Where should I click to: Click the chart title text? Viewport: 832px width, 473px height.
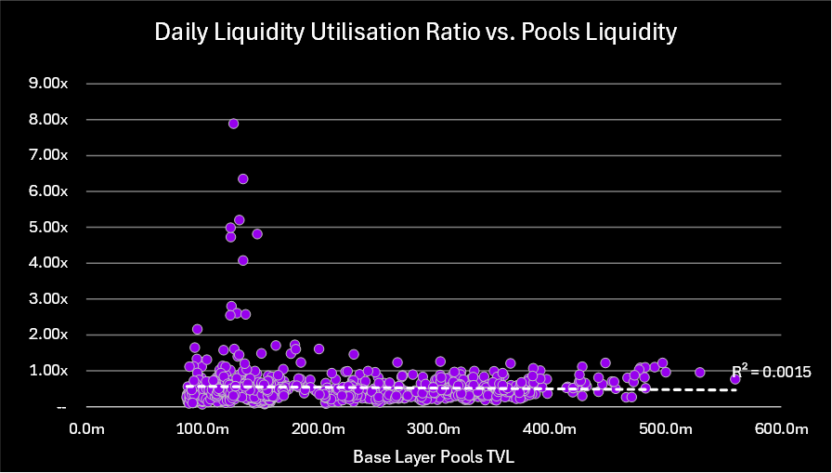pos(415,33)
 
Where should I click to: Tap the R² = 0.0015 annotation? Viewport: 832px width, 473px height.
pos(772,372)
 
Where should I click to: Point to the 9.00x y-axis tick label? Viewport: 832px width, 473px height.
pos(49,84)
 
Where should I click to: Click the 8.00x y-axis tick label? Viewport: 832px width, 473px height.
pos(49,119)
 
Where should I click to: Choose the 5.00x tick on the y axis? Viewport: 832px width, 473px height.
pos(49,227)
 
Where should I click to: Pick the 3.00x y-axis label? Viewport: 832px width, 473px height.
pos(49,298)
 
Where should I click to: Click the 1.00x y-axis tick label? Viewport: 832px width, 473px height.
pos(49,370)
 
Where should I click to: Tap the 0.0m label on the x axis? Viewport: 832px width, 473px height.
pos(86,428)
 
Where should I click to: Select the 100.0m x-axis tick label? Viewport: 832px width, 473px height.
pos(201,428)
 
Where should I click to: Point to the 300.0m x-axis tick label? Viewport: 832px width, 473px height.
pos(434,428)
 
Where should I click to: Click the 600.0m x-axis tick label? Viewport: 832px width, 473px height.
pos(781,428)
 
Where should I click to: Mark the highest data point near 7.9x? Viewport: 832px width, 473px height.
pos(234,124)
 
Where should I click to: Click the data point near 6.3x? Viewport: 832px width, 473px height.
pos(243,178)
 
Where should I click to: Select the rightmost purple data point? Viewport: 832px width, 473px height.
pos(734,379)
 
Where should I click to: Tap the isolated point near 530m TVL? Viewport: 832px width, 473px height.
pos(699,372)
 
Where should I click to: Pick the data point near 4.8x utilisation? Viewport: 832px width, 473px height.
pos(257,233)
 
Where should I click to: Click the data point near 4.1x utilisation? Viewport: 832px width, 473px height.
pos(243,260)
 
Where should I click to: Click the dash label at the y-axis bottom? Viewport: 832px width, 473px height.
pos(61,406)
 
